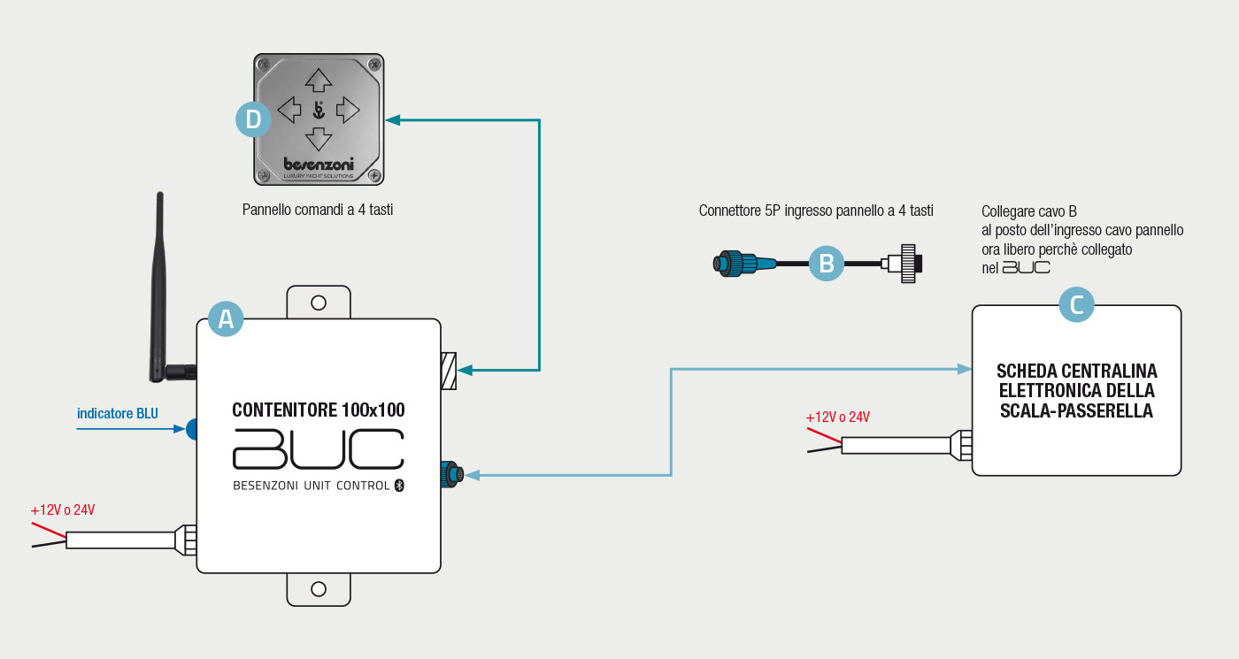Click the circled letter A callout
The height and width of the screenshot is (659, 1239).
[x=226, y=318]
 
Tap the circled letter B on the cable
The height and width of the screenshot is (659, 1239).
[x=827, y=263]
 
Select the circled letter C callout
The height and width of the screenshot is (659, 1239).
[x=1076, y=305]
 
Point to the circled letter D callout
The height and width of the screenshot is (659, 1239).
[x=253, y=119]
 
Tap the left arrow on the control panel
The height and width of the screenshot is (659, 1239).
[x=289, y=110]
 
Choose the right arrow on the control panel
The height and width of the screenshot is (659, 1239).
[x=348, y=110]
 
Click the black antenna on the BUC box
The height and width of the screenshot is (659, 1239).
[x=159, y=283]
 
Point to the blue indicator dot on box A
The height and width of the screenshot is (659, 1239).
[x=192, y=429]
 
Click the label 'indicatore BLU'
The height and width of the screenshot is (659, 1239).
[x=117, y=413]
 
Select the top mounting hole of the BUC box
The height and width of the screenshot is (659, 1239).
[x=319, y=303]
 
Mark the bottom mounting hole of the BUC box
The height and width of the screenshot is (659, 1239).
[x=319, y=589]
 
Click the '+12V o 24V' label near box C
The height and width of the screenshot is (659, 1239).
[x=837, y=418]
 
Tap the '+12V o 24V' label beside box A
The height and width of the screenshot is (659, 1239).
[x=63, y=510]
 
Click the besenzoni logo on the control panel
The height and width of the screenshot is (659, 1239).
[x=319, y=164]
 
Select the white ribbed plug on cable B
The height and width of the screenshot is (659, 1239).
[x=906, y=263]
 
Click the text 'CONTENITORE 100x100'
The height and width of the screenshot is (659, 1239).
[x=319, y=410]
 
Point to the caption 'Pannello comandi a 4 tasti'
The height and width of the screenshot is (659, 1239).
[x=318, y=211]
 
